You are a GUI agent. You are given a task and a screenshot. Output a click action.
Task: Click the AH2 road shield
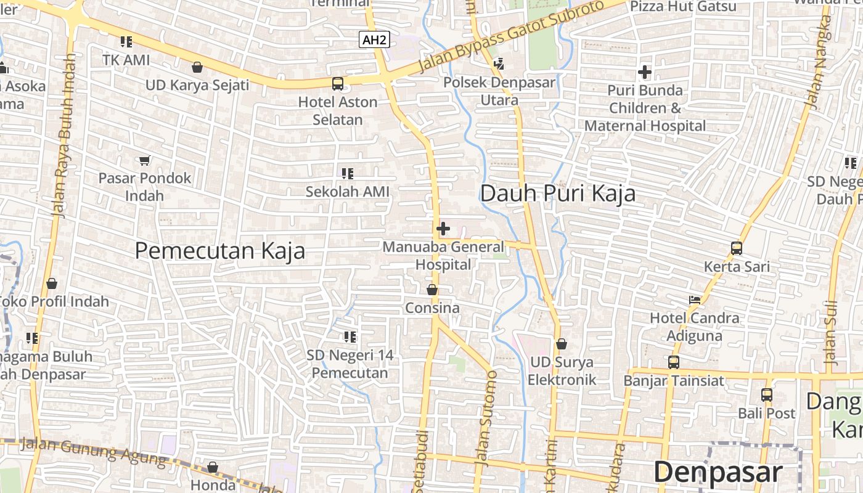coord(375,40)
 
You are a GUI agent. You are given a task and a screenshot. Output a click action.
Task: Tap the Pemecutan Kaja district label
coord(220,251)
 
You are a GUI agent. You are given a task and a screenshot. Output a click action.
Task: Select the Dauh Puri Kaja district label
coord(557,194)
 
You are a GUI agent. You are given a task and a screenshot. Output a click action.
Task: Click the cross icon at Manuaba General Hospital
coord(443,229)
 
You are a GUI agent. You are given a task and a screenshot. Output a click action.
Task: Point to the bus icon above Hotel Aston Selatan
coord(338,83)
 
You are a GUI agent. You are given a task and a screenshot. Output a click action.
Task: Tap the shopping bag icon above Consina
coord(433,289)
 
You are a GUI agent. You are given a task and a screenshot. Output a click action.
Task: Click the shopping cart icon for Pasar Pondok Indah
coord(145,160)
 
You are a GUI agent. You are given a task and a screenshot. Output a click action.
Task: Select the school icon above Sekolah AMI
coord(348,174)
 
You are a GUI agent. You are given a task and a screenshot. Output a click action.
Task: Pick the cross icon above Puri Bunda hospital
coord(645,72)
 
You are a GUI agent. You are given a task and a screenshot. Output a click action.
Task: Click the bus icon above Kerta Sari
coord(737,248)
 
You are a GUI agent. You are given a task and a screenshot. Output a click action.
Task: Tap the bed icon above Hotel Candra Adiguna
coord(695,300)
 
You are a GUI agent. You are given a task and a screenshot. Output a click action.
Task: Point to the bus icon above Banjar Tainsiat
coord(674,362)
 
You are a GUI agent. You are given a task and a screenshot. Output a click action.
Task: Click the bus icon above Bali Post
coord(767,394)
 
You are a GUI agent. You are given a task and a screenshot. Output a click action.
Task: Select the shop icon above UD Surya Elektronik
coord(561,343)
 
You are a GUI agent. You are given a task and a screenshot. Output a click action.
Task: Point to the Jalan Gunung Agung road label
coord(92,450)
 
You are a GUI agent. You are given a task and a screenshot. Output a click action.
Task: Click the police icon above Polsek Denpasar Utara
coord(499,63)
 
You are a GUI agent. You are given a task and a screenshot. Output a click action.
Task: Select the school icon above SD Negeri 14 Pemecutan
coord(350,337)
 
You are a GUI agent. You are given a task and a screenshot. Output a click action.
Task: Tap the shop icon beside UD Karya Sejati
coord(197,67)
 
